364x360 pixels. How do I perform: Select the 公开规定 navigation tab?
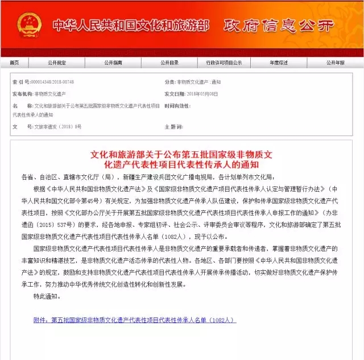(56, 63)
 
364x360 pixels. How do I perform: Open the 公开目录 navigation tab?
(169, 63)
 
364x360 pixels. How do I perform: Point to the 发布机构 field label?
(22, 92)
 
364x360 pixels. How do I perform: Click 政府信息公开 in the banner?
(278, 26)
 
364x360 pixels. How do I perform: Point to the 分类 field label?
(169, 82)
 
